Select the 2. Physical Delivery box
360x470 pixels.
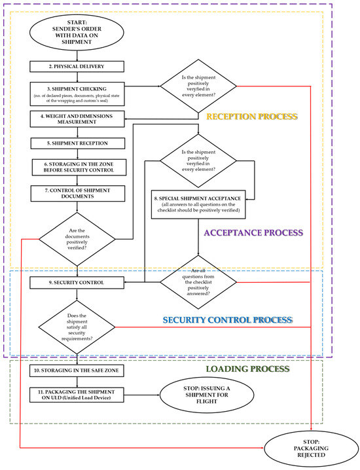pyautogui.click(x=77, y=66)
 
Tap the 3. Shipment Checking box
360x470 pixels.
pyautogui.click(x=77, y=92)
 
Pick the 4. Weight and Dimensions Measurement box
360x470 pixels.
pyautogui.click(x=77, y=118)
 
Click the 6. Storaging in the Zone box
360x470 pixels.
pyautogui.click(x=77, y=167)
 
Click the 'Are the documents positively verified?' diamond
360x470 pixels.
pyautogui.click(x=77, y=239)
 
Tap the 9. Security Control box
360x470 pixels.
pyautogui.click(x=77, y=283)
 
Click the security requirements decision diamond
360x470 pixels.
pyautogui.click(x=77, y=326)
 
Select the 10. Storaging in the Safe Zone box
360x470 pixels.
pyautogui.click(x=77, y=371)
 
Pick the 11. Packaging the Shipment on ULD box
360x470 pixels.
pyautogui.click(x=77, y=397)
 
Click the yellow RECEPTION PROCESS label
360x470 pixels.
pyautogui.click(x=251, y=117)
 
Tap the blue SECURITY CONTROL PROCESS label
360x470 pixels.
pyautogui.click(x=226, y=320)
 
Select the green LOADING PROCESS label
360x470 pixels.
pyautogui.click(x=247, y=369)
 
